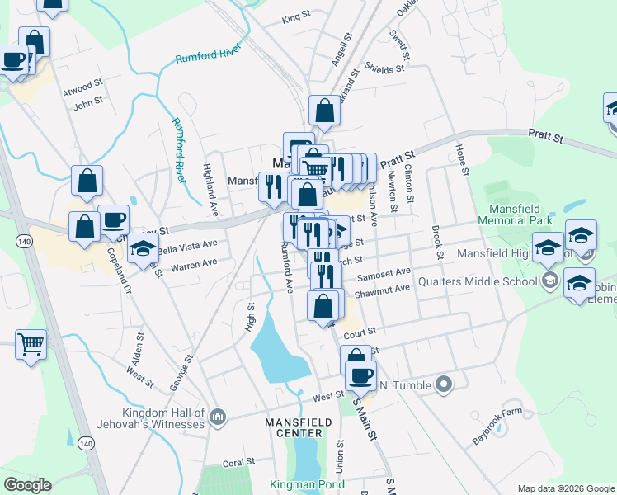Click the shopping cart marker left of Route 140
pos(31,342)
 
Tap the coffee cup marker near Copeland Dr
pos(114,219)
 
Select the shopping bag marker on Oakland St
pos(325,111)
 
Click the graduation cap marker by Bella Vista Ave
pos(144,247)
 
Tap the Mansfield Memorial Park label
pos(527,215)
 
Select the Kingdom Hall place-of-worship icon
pos(219,417)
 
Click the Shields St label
pos(384,69)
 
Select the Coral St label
pos(238,463)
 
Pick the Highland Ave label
pos(209,179)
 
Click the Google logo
pos(27,485)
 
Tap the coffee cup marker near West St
pos(360,376)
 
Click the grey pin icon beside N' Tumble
pos(444,384)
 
